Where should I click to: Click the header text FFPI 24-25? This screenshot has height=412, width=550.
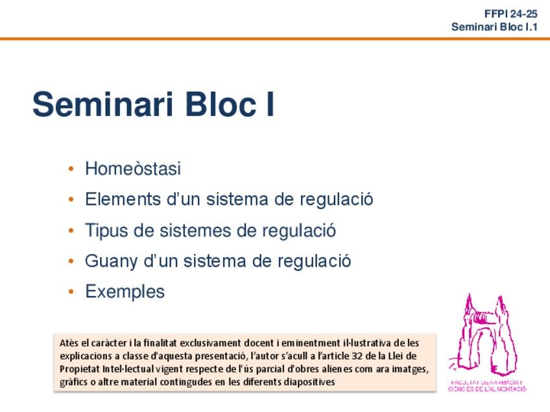pos(510,14)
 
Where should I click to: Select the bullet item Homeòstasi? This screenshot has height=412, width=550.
pos(132,169)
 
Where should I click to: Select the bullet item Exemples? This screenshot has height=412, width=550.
pos(125,292)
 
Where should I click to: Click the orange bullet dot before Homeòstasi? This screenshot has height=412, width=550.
pos(71,170)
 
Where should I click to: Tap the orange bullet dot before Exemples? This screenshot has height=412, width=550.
pos(71,292)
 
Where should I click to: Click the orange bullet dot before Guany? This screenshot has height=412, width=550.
pos(71,262)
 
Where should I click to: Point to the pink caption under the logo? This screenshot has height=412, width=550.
pos(487,385)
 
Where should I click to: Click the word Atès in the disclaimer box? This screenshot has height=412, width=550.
pos(69,343)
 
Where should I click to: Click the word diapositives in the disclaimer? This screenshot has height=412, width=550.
pos(312,382)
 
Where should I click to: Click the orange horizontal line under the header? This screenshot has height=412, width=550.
pos(275,39)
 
